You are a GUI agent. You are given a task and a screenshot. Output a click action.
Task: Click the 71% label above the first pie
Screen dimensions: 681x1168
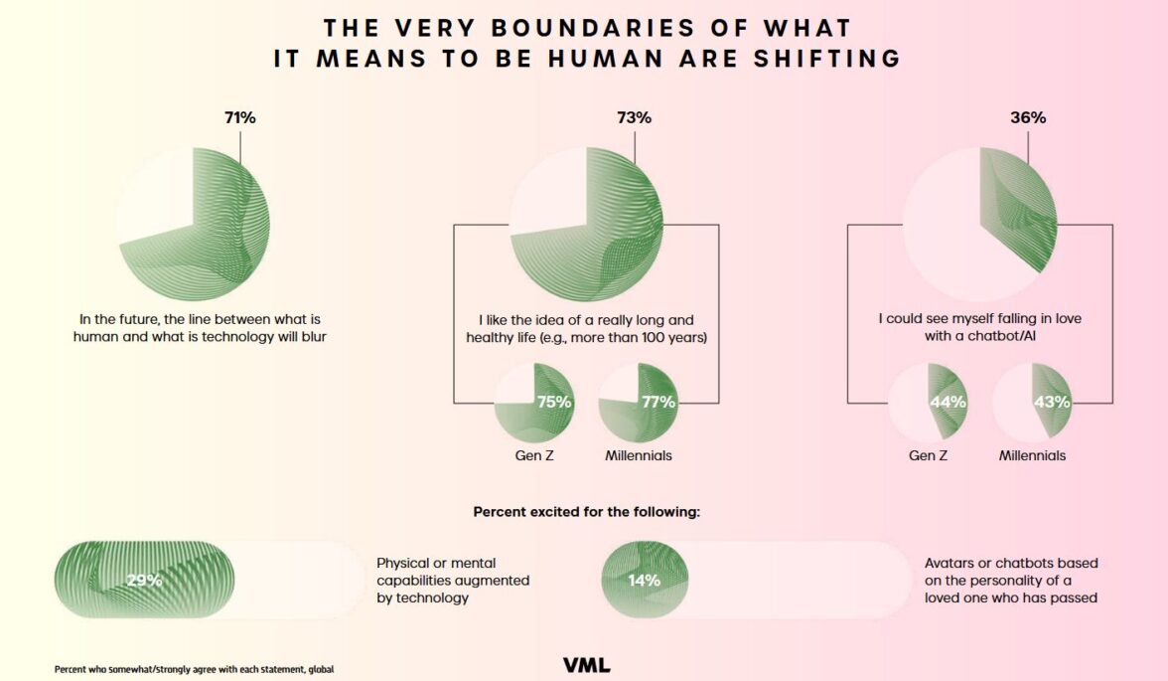point(239,117)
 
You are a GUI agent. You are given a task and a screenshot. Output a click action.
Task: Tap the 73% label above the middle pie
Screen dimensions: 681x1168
point(634,117)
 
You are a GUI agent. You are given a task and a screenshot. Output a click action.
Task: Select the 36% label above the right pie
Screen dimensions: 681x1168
point(1028,117)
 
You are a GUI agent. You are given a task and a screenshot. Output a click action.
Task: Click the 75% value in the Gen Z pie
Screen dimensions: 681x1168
point(554,402)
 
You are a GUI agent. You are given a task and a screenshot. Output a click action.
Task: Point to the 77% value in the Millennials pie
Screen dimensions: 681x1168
point(658,402)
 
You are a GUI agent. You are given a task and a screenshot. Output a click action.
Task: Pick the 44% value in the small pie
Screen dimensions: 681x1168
point(948,402)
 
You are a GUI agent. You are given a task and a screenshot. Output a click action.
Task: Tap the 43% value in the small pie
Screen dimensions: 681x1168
point(1052,402)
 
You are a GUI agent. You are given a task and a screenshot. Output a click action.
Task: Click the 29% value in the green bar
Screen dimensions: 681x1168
point(144,580)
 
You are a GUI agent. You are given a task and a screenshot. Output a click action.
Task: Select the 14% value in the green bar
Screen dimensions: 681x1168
point(644,580)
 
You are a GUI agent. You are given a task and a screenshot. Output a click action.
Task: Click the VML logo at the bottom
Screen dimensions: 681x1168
point(586,664)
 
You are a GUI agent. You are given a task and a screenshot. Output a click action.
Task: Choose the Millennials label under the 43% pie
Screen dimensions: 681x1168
point(1032,455)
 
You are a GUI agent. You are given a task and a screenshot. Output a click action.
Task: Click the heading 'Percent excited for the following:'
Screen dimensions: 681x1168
point(587,513)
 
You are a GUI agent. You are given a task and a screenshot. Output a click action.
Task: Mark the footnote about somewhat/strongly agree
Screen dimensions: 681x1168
point(194,669)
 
